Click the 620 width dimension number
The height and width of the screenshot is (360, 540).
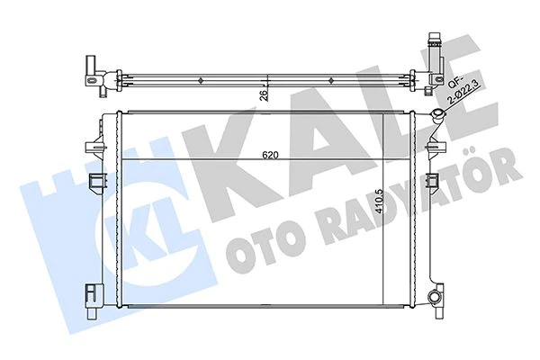[x=271, y=155]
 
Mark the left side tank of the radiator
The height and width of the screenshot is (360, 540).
[x=112, y=211]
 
